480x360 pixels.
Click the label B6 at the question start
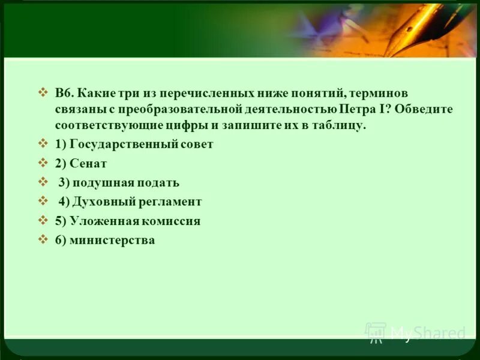[x=65, y=93]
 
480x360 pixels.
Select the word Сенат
[x=88, y=164]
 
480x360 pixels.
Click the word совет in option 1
[x=197, y=145]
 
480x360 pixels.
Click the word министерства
[x=112, y=241]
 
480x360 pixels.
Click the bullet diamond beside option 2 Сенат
[x=43, y=163]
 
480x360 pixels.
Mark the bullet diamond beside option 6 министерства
[x=43, y=240]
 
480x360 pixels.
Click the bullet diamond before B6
[x=43, y=92]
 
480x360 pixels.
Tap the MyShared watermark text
[x=427, y=333]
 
